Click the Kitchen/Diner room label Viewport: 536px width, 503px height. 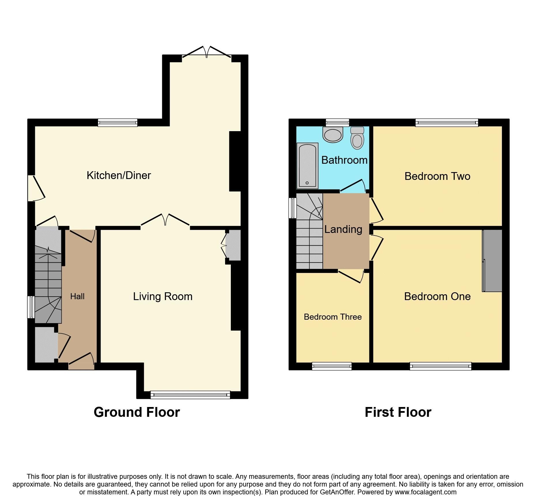click(119, 175)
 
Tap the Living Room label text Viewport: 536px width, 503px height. click(163, 296)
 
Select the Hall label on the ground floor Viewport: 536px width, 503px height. click(77, 296)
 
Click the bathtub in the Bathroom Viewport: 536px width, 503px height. click(307, 166)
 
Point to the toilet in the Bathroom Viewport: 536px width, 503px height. click(357, 138)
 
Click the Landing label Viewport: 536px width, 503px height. click(343, 229)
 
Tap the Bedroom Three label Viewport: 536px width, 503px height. click(333, 317)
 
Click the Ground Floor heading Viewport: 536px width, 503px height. click(137, 412)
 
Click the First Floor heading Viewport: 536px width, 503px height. click(398, 412)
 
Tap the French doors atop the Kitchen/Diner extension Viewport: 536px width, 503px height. click(207, 52)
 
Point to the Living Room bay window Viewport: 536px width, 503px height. click(190, 395)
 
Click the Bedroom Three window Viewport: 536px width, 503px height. click(332, 366)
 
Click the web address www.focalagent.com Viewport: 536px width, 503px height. click(425, 492)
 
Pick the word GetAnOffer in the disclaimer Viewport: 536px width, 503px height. click(337, 492)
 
